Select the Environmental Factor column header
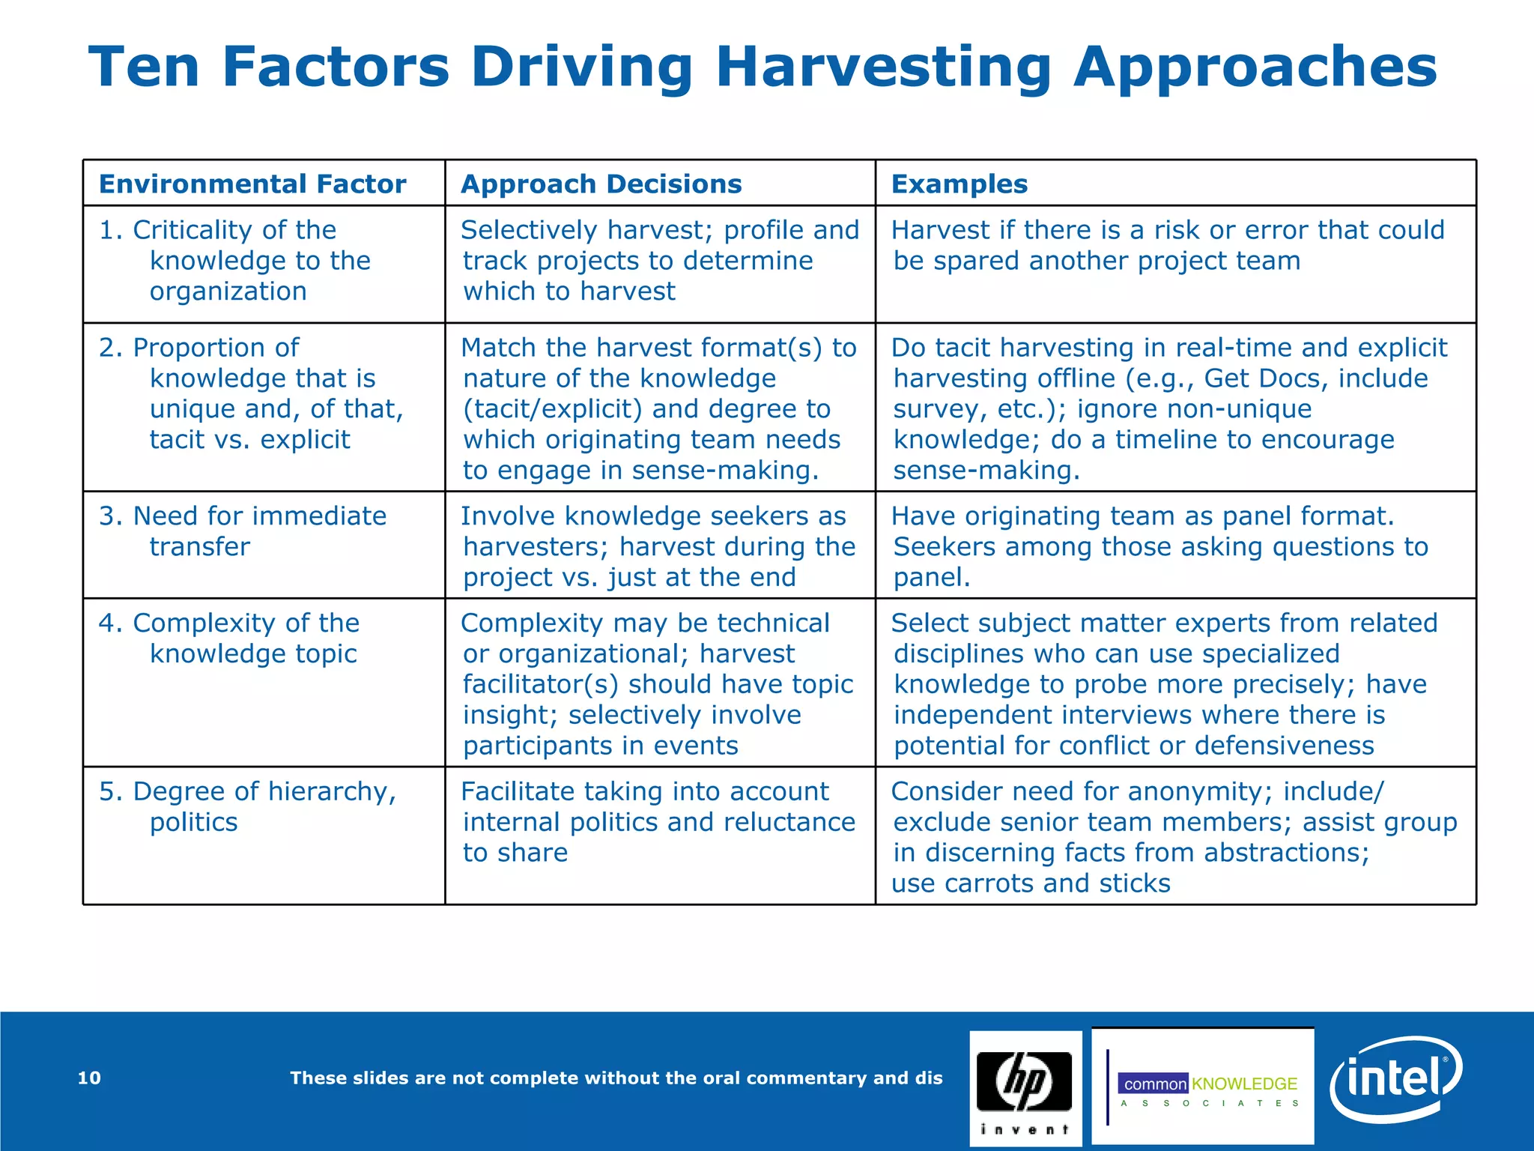click(252, 184)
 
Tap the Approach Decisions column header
click(601, 184)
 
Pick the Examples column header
click(959, 184)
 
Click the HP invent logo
click(1025, 1088)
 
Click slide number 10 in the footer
click(89, 1078)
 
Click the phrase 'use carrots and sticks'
click(1031, 883)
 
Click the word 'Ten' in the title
click(144, 67)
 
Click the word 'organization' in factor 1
click(228, 291)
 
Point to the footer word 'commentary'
click(805, 1078)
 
